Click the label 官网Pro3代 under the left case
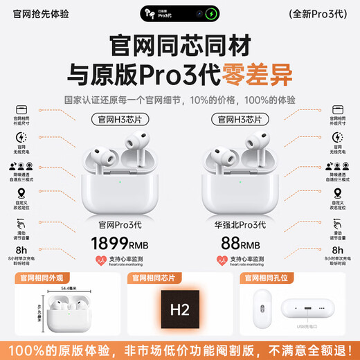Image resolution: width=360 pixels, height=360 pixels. [120, 226]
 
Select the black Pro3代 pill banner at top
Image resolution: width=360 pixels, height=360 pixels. [179, 12]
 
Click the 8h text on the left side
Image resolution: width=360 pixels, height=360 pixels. [21, 251]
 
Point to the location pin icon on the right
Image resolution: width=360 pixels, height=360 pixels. [338, 194]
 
